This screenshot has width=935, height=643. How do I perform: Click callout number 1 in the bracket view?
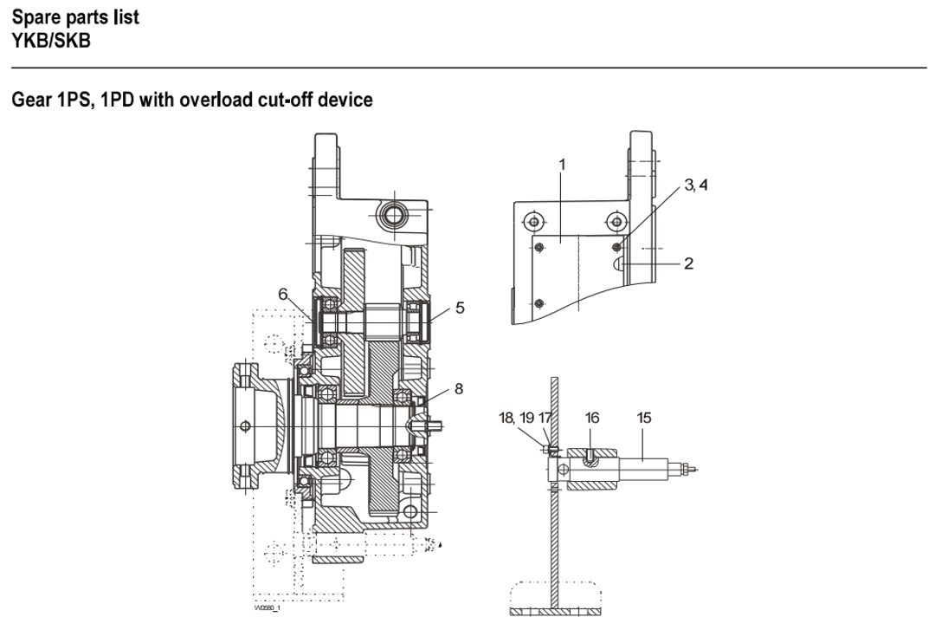click(x=562, y=163)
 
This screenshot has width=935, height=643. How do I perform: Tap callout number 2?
click(x=688, y=263)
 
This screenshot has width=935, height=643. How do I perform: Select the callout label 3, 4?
click(x=695, y=185)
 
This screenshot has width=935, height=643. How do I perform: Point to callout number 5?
click(x=460, y=307)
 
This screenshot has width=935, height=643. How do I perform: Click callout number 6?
click(x=282, y=295)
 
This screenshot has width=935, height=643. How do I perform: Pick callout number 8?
click(x=458, y=389)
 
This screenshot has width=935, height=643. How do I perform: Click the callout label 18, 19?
click(x=517, y=418)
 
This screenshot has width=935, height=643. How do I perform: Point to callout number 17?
click(x=545, y=418)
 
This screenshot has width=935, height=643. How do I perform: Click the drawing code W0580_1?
click(x=268, y=607)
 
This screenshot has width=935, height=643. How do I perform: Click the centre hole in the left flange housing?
click(x=246, y=425)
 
